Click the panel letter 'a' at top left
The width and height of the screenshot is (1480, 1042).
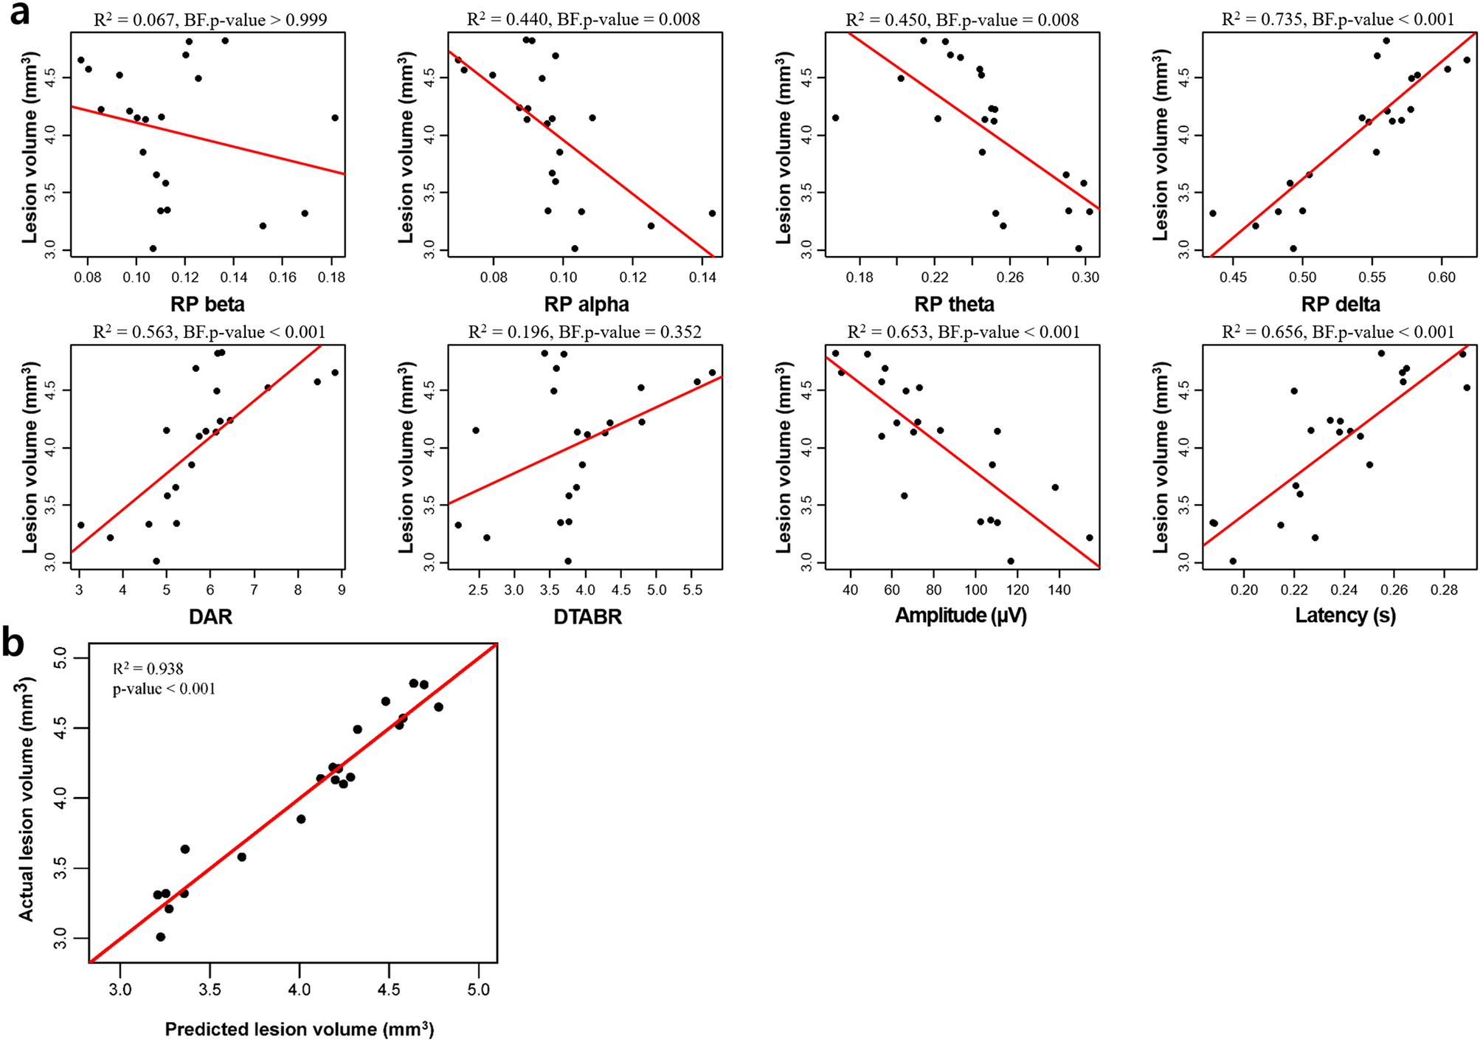[19, 15]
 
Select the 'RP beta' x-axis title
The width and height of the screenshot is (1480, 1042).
[207, 305]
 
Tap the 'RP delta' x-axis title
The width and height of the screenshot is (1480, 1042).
[1341, 305]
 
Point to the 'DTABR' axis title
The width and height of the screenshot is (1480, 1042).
[587, 617]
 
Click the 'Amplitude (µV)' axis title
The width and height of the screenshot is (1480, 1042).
[961, 616]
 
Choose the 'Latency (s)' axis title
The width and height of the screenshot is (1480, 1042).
[1345, 616]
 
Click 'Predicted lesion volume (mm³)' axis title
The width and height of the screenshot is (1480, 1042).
[299, 1029]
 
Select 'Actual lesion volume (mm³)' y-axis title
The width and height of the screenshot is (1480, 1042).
[27, 799]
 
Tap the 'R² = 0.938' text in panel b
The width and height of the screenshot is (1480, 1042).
[148, 669]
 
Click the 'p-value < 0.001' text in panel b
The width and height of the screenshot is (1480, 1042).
[164, 689]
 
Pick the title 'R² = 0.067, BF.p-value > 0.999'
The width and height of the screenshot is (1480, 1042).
[210, 20]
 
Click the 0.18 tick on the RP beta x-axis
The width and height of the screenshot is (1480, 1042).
[331, 277]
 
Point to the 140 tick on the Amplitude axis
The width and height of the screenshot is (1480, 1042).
[1059, 590]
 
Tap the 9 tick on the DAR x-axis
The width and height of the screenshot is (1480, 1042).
[342, 590]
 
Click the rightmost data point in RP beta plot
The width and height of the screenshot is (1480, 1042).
[334, 117]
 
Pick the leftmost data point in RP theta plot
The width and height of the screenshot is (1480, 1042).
[835, 117]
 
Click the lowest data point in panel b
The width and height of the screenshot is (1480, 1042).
[161, 936]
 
